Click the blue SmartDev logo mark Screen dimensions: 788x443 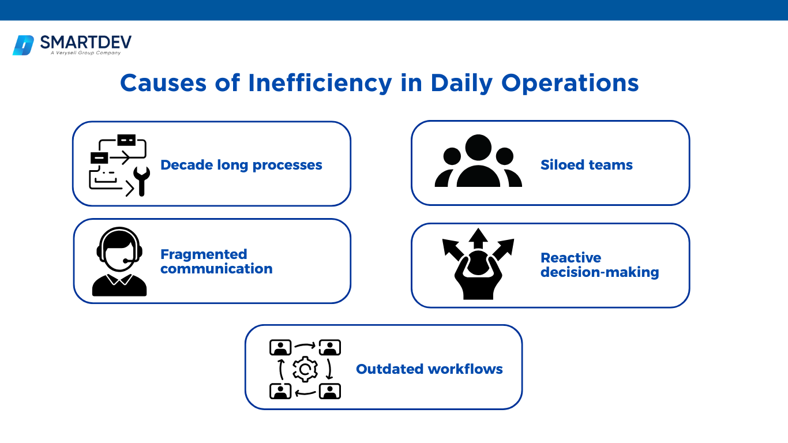tap(23, 46)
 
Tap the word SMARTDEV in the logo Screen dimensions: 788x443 tap(86, 42)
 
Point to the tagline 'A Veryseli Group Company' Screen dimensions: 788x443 tap(85, 53)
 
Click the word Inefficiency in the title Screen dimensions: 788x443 tap(320, 84)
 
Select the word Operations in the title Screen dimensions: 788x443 tap(570, 84)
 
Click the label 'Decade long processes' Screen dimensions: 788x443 tap(241, 165)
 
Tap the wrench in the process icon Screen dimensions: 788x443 tap(142, 181)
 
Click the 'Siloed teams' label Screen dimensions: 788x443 tap(587, 164)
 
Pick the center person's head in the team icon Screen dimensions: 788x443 tap(478, 148)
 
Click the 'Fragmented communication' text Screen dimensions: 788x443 tap(216, 261)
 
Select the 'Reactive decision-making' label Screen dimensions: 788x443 tap(600, 265)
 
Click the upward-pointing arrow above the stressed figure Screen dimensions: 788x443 tap(478, 239)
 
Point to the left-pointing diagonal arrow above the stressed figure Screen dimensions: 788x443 tap(453, 249)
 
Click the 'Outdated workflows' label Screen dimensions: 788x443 tap(429, 369)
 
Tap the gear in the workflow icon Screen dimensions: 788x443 tap(305, 369)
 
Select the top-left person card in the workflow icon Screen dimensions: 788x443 tap(280, 348)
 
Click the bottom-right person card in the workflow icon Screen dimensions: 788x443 tap(329, 391)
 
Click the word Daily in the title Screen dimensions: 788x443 tap(461, 84)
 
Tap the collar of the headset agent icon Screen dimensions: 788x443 tap(119, 279)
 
